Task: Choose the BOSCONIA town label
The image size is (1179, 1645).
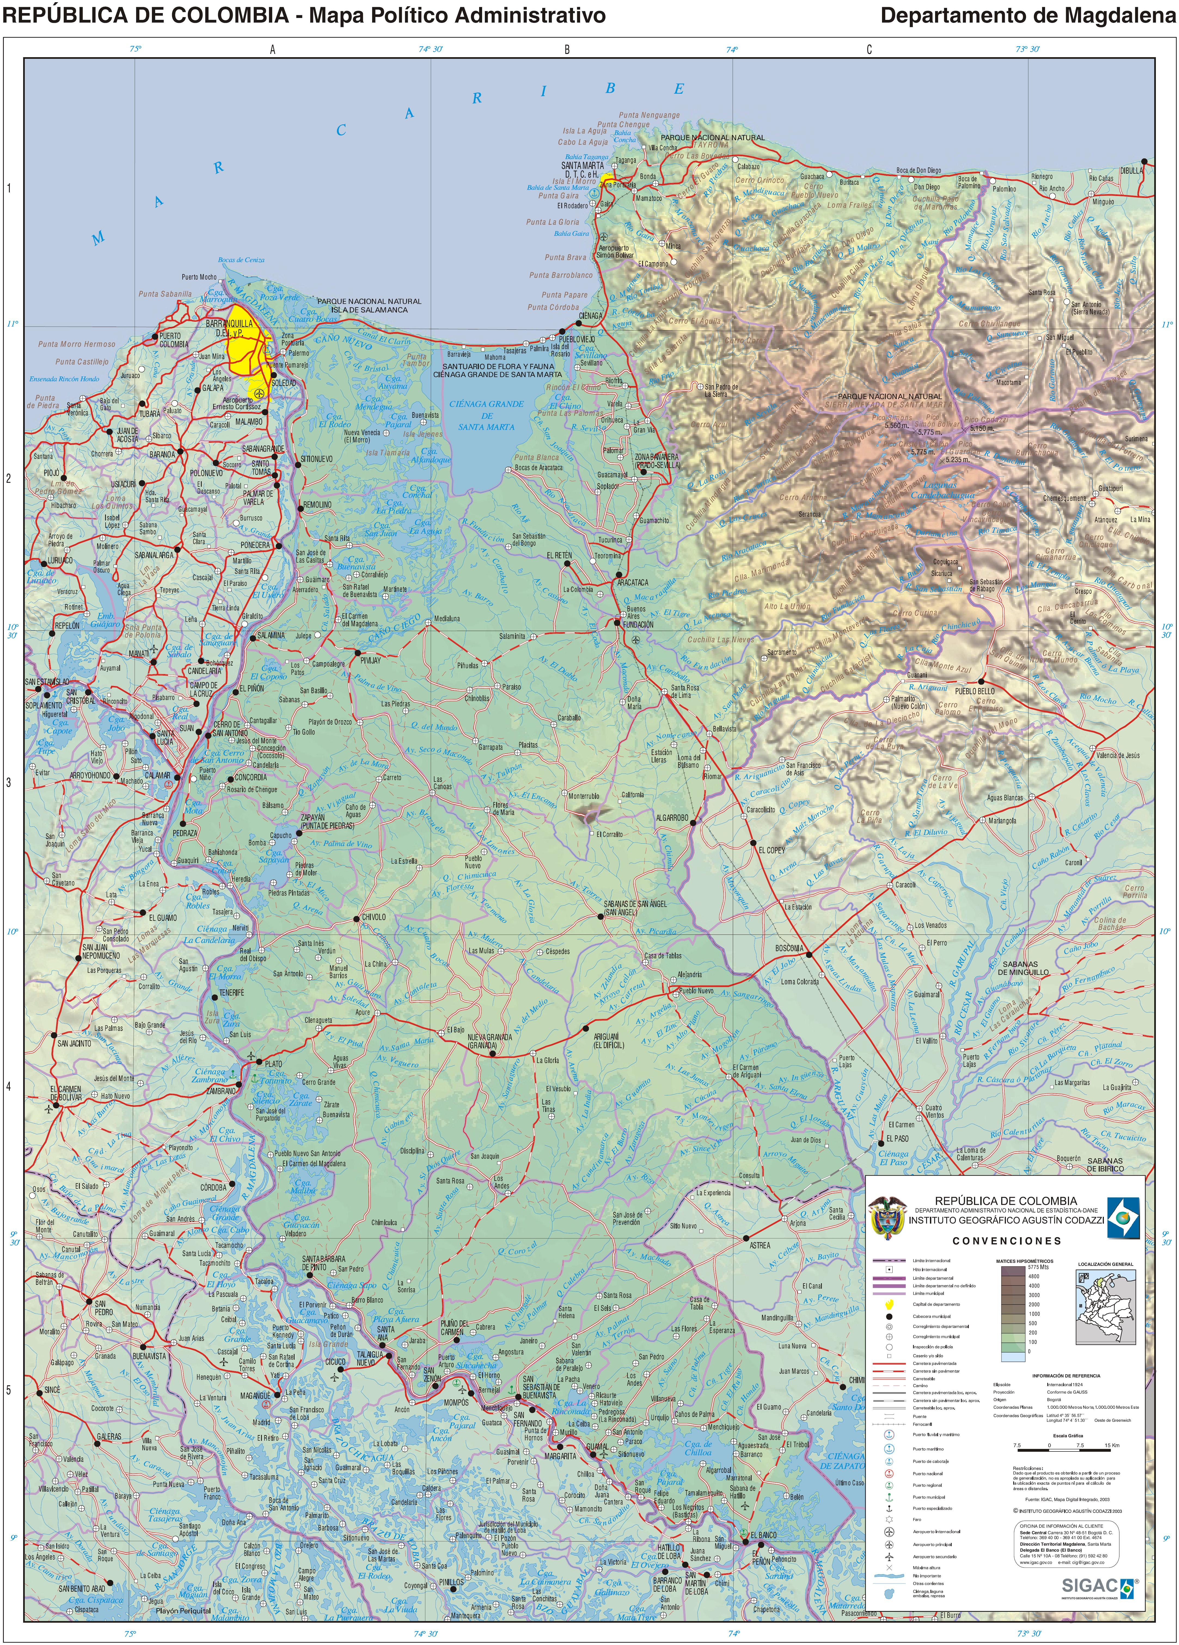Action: coord(789,948)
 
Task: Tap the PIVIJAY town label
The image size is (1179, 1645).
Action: coord(370,660)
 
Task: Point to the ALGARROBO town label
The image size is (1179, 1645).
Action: coord(672,817)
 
